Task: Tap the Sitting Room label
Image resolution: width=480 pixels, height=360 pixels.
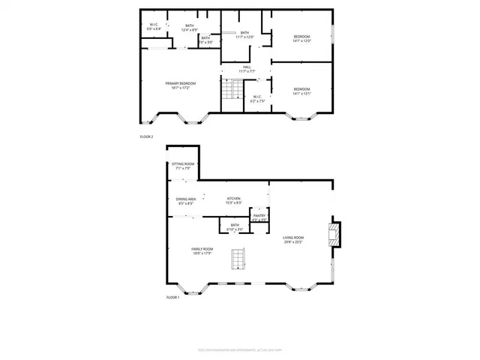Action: [x=183, y=166]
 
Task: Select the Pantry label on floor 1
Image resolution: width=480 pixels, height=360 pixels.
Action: [x=258, y=217]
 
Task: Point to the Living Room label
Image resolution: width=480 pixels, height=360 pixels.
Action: [x=293, y=241]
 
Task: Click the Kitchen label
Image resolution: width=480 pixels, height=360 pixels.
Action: [x=233, y=200]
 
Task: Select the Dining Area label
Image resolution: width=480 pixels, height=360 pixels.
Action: [x=186, y=201]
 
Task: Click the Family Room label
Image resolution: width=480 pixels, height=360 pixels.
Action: [x=202, y=250]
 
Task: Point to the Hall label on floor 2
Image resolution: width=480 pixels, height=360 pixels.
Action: [x=247, y=69]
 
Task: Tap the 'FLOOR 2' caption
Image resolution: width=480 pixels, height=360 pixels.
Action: [x=146, y=136]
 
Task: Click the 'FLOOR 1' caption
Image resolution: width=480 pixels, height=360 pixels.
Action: [x=172, y=298]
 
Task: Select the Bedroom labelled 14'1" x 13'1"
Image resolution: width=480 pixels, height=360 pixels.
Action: [x=301, y=91]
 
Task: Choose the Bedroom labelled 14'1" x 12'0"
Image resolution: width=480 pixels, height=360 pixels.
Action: [x=301, y=38]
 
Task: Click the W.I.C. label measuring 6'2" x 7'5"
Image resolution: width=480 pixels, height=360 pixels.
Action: [x=256, y=97]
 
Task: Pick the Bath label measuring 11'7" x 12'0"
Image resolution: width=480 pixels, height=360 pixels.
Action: [x=245, y=34]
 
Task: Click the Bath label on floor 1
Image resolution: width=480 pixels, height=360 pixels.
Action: [x=235, y=226]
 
